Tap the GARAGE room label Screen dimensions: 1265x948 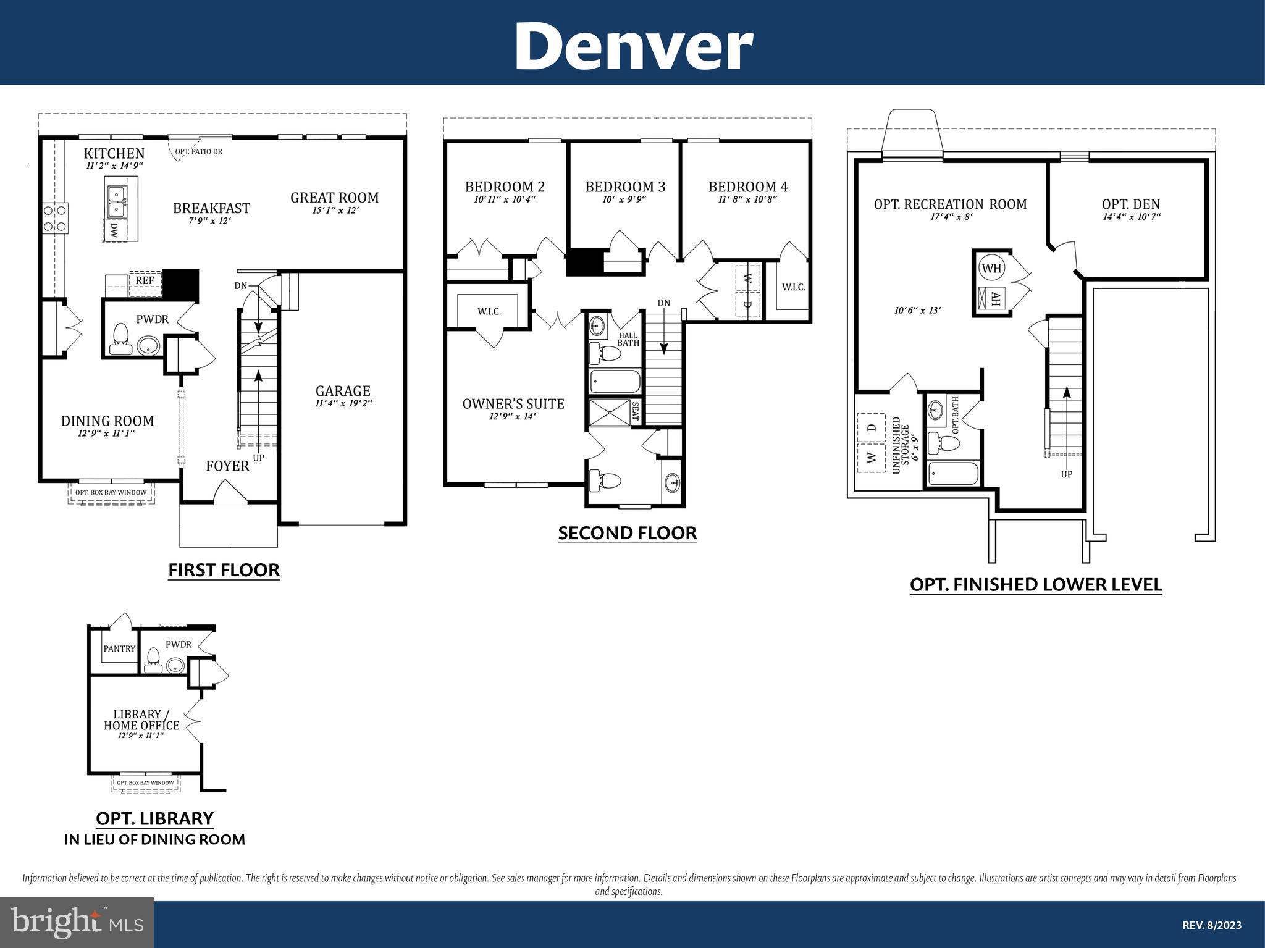(x=343, y=391)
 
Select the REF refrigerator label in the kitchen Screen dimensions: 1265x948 (x=145, y=281)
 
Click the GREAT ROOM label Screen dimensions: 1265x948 (x=335, y=198)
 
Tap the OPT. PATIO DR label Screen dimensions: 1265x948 (x=198, y=151)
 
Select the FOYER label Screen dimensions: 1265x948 (x=227, y=466)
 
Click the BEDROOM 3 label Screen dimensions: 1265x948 (x=625, y=187)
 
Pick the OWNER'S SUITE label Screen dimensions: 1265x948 (x=513, y=404)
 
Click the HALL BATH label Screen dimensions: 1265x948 (x=628, y=339)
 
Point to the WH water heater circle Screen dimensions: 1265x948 (x=992, y=268)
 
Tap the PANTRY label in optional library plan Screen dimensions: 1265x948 (x=119, y=648)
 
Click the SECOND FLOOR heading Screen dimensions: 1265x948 (x=628, y=533)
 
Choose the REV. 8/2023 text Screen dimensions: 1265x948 (x=1212, y=925)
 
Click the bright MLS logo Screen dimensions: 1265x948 (x=77, y=923)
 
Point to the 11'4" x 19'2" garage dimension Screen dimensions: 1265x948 (x=343, y=404)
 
